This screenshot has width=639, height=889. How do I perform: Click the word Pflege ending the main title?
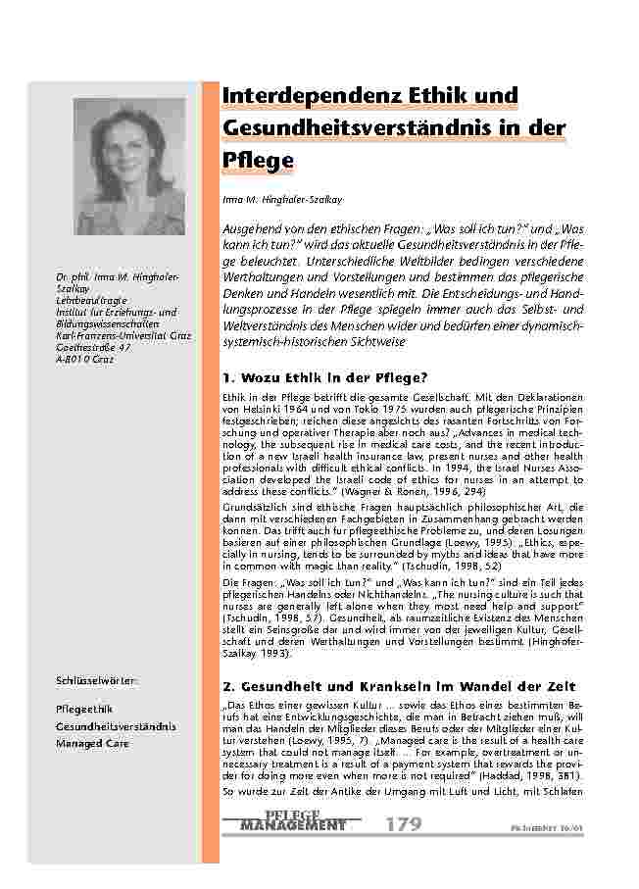(259, 158)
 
